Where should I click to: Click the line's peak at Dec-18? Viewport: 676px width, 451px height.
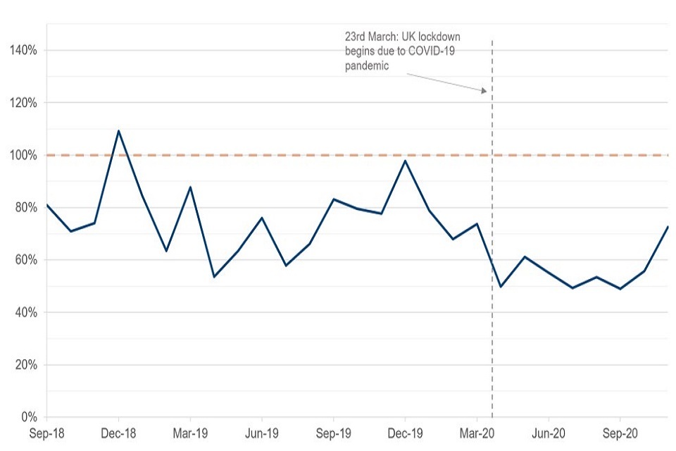pos(118,130)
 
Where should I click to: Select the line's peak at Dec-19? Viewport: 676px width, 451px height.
pos(405,161)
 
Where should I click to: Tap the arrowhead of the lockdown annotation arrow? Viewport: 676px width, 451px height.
pos(484,91)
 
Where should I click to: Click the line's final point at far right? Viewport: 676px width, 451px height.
pos(667,226)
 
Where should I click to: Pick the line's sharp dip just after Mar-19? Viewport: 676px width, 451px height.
pos(213,276)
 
